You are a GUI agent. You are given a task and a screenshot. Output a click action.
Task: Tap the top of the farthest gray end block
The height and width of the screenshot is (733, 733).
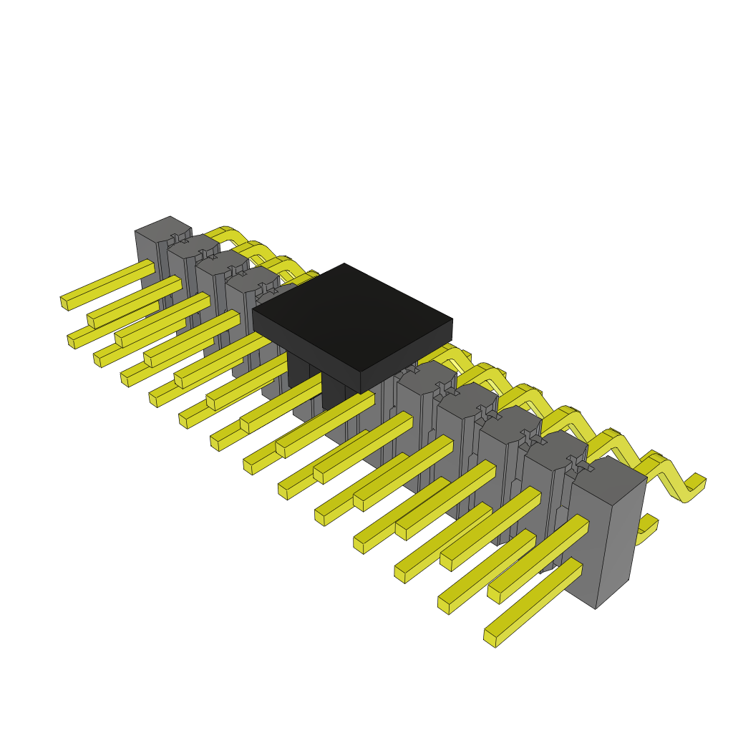point(163,228)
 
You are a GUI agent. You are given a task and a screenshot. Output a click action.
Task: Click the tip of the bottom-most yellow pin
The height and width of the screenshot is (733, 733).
point(490,638)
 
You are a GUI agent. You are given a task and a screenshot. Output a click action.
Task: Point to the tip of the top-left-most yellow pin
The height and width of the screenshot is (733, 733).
point(64,303)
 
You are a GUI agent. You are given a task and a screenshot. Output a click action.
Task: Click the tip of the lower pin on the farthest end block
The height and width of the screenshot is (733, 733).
point(72,341)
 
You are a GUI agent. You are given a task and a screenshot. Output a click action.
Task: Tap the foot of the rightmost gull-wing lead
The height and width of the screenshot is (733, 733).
point(694,487)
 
